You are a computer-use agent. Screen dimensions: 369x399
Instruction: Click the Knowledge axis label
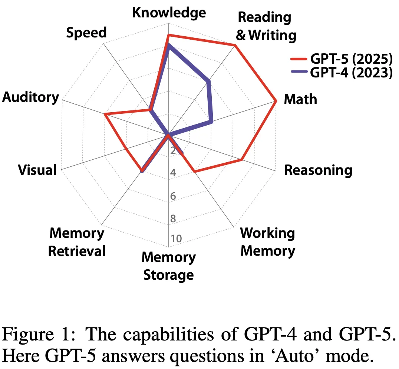pos(169,13)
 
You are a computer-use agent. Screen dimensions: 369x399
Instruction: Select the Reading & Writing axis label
pos(266,26)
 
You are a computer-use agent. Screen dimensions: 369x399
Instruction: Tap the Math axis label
pos(300,99)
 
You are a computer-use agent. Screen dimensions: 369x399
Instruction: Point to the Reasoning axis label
pos(318,170)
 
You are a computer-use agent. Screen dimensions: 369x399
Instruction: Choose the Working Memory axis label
pos(267,242)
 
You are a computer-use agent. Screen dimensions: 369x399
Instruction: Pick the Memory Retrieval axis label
pos(77,242)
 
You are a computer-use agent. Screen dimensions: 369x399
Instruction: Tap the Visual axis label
pos(37,170)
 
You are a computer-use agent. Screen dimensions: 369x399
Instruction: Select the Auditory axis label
pos(31,97)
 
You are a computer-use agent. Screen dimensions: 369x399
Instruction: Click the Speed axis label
pos(86,33)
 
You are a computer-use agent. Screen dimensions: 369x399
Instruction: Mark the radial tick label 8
pos(173,219)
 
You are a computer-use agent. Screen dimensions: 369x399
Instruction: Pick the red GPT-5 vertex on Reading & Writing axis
pos(235,45)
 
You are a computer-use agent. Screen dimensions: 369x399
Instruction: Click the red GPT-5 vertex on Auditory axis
pos(105,115)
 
